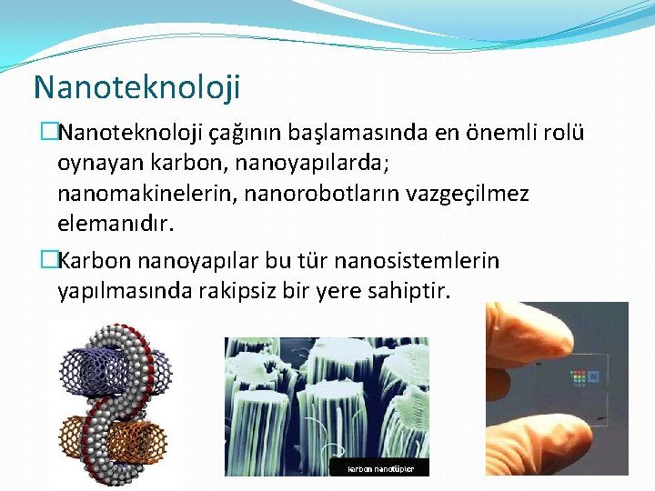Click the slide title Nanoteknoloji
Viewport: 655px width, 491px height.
pos(136,87)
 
